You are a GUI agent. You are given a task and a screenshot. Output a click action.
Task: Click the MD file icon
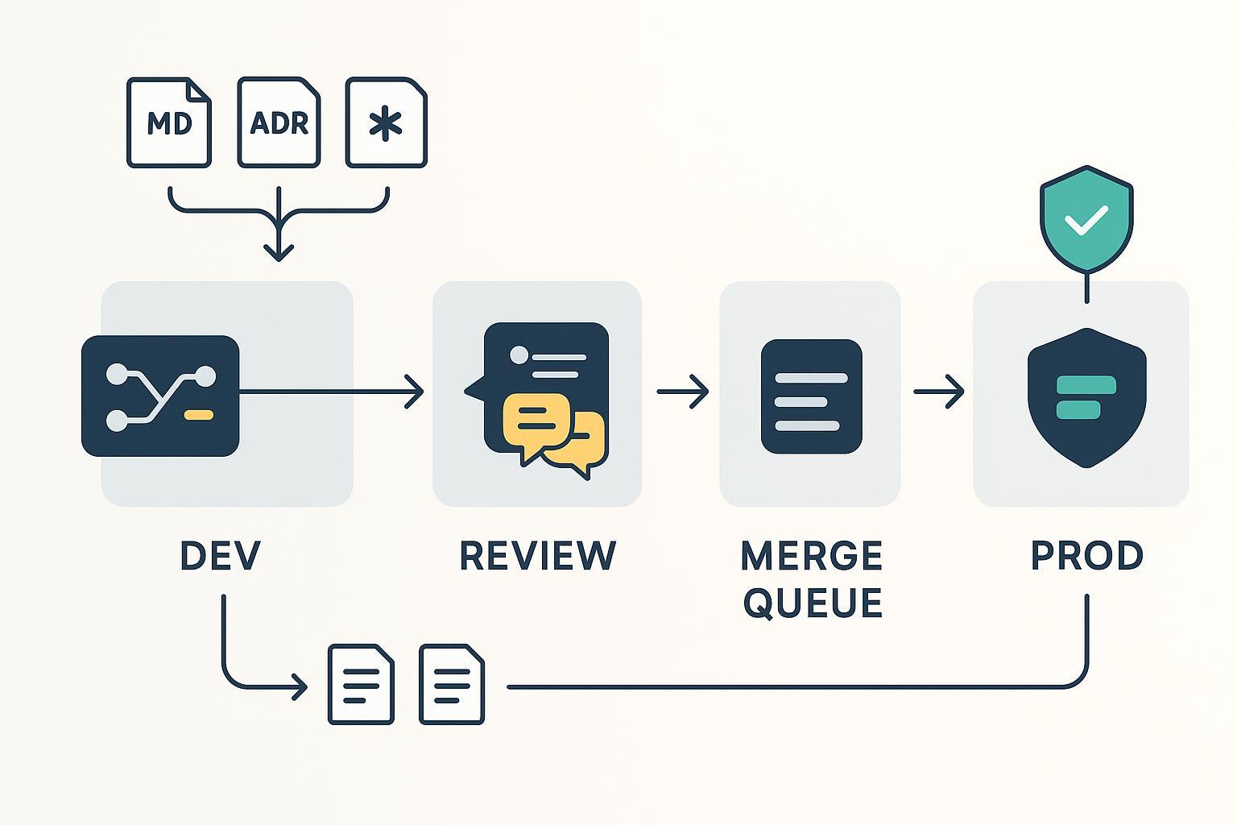[x=169, y=122]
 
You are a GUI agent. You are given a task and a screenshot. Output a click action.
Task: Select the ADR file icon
[x=279, y=122]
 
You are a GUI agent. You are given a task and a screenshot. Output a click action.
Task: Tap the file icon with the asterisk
[x=386, y=122]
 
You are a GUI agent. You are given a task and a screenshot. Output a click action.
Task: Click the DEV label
[x=221, y=556]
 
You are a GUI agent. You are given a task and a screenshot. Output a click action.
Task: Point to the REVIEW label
[x=537, y=556]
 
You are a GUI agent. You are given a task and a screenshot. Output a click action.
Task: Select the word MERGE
[x=811, y=556]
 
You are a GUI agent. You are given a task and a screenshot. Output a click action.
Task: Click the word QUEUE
[x=813, y=603]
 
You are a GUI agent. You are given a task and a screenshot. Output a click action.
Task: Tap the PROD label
[x=1087, y=556]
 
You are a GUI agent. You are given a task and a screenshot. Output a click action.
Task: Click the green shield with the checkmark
[x=1086, y=218]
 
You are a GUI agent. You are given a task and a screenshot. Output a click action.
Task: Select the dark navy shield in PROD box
[x=1086, y=397]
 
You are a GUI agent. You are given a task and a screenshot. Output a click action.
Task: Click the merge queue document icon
[x=811, y=396]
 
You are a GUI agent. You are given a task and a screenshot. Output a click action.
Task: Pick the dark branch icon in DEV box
[x=160, y=396]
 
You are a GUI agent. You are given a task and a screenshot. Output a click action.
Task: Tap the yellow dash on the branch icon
[x=198, y=415]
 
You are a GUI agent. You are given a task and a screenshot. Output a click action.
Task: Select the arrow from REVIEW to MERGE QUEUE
[x=682, y=392]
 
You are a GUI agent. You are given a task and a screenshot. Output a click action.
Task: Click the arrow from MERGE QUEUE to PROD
[x=938, y=392]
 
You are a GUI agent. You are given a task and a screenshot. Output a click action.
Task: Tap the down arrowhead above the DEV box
[x=278, y=251]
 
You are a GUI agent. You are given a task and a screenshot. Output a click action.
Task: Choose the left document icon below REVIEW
[x=361, y=684]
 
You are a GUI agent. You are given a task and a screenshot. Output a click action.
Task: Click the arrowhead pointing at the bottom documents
[x=300, y=687]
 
